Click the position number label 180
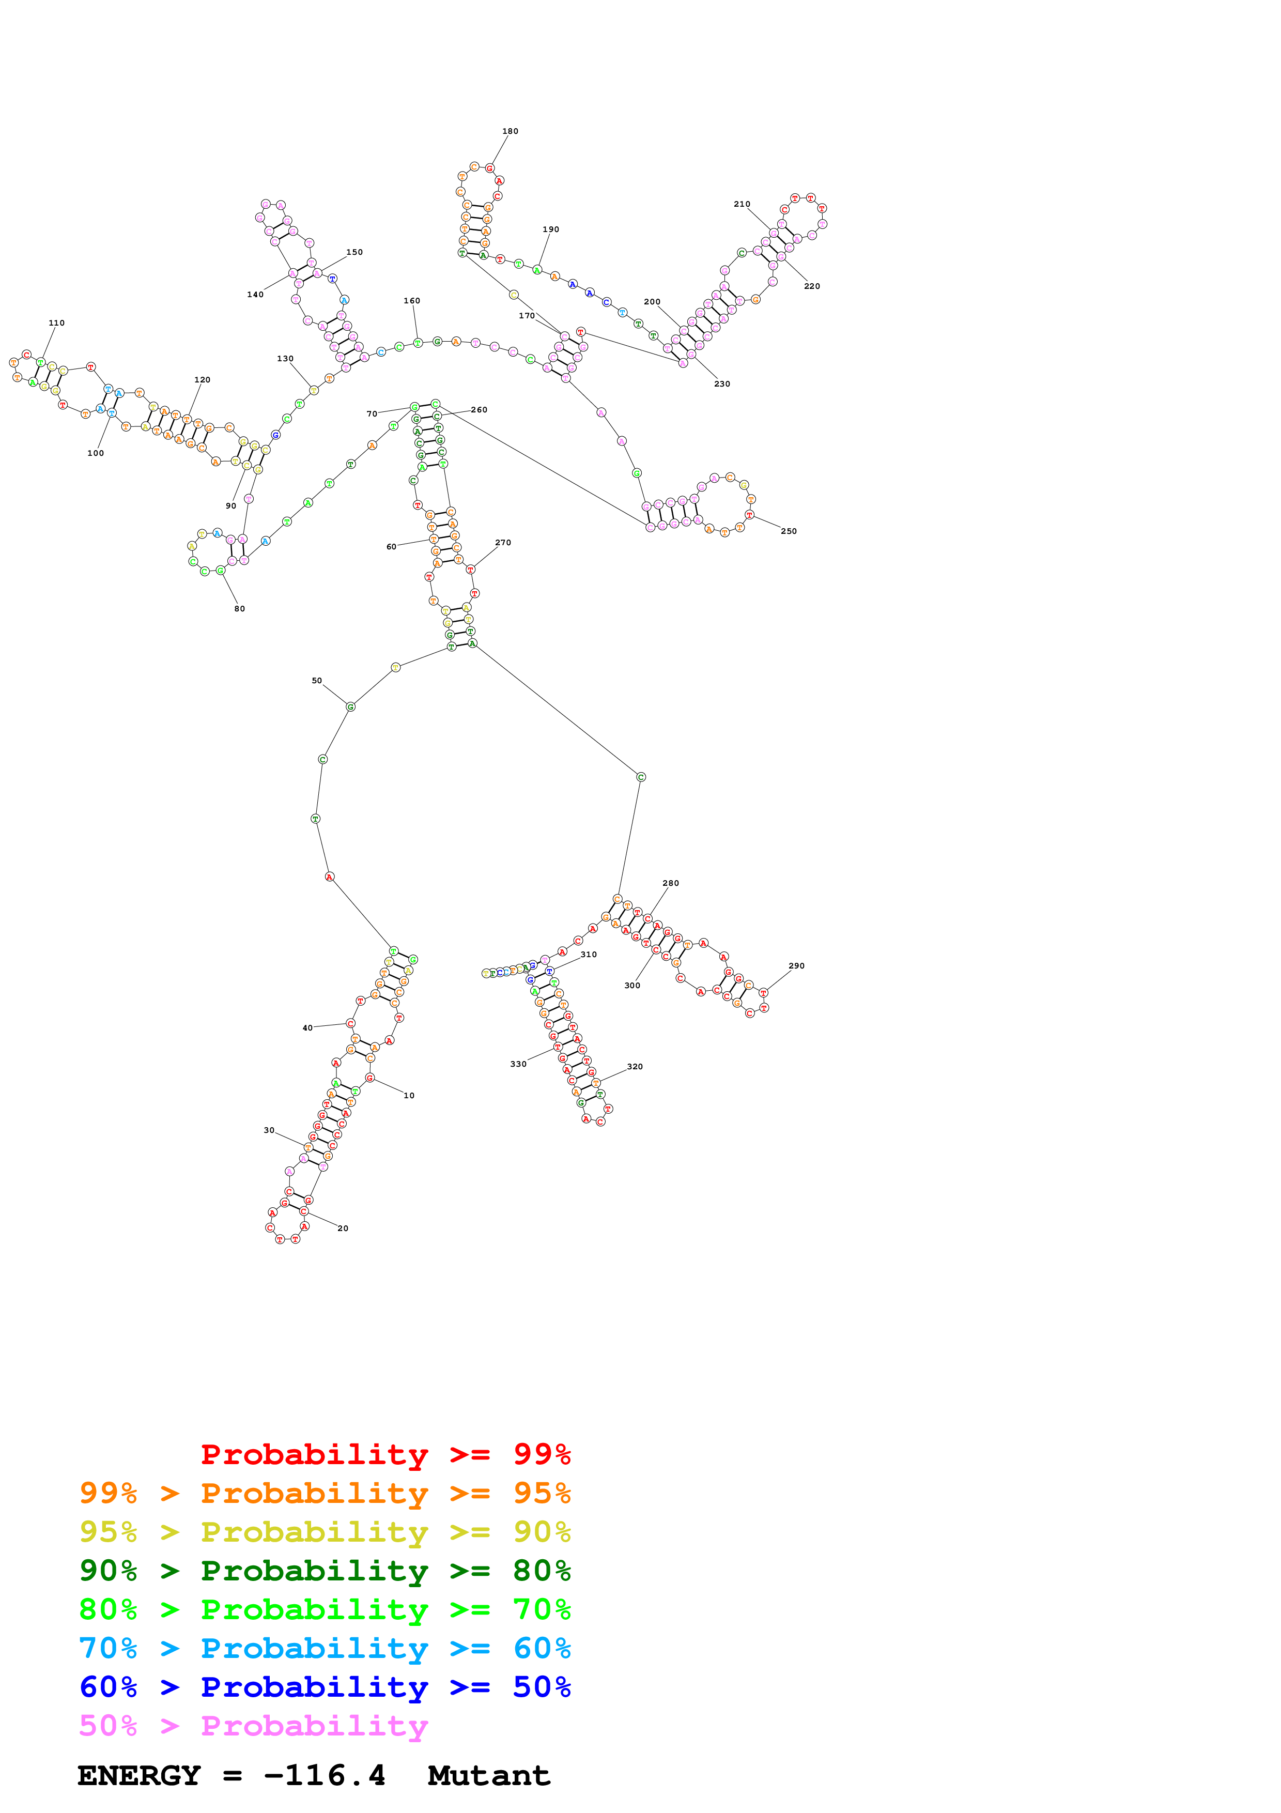(x=510, y=131)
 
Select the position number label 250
(x=789, y=531)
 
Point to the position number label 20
(x=343, y=1228)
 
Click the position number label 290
(x=796, y=966)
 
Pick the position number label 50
(x=316, y=681)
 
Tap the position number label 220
(x=811, y=287)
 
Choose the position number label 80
(x=239, y=609)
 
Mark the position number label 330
(x=518, y=1065)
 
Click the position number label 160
(x=412, y=301)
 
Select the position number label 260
(x=479, y=410)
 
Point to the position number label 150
(x=354, y=253)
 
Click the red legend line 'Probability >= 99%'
(x=385, y=1454)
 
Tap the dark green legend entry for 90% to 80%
(x=325, y=1571)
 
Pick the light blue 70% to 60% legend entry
(x=325, y=1648)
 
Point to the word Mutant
(x=488, y=1776)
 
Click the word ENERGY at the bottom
(x=139, y=1776)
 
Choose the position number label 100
(x=96, y=453)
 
